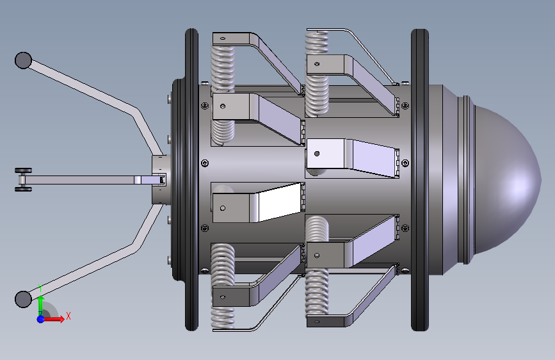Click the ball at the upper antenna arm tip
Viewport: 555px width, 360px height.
tap(23, 60)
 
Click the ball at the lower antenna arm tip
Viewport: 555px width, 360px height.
tap(23, 299)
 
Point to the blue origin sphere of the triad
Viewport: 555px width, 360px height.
tap(41, 319)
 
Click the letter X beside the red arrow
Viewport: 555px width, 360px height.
tap(68, 316)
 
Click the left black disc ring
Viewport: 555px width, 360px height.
tap(191, 179)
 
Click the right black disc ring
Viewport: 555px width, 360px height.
tap(420, 179)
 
